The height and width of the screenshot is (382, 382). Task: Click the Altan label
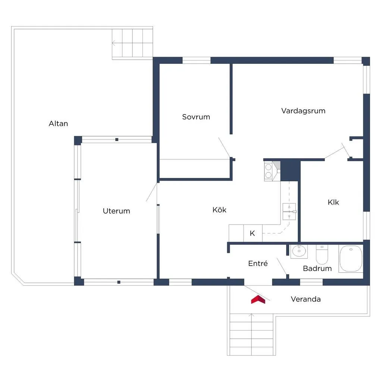click(x=58, y=123)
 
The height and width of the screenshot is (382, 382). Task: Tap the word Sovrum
click(x=196, y=117)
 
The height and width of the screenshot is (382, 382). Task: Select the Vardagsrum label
click(x=303, y=111)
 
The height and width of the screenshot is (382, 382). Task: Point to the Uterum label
click(x=116, y=211)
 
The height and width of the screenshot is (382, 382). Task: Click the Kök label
click(x=219, y=210)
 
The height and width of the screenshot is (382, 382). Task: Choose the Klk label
click(x=333, y=203)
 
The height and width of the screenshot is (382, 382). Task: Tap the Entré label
click(x=258, y=264)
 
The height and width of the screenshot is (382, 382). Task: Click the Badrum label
click(x=317, y=269)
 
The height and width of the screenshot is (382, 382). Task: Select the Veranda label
click(x=306, y=299)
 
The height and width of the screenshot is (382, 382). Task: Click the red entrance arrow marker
click(x=258, y=300)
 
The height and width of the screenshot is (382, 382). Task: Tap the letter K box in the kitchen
click(x=253, y=234)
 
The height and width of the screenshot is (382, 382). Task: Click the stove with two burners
click(x=268, y=171)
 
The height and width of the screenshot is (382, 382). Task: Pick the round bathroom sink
click(x=299, y=251)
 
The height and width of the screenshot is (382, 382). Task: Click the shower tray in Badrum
click(x=351, y=258)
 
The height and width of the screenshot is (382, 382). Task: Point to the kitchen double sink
click(x=289, y=212)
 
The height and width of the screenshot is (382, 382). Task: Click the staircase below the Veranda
click(x=251, y=334)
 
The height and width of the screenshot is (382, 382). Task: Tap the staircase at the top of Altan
click(x=132, y=43)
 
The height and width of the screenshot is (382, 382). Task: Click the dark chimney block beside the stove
click(x=290, y=170)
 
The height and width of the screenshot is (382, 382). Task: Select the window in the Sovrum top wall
click(x=196, y=60)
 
